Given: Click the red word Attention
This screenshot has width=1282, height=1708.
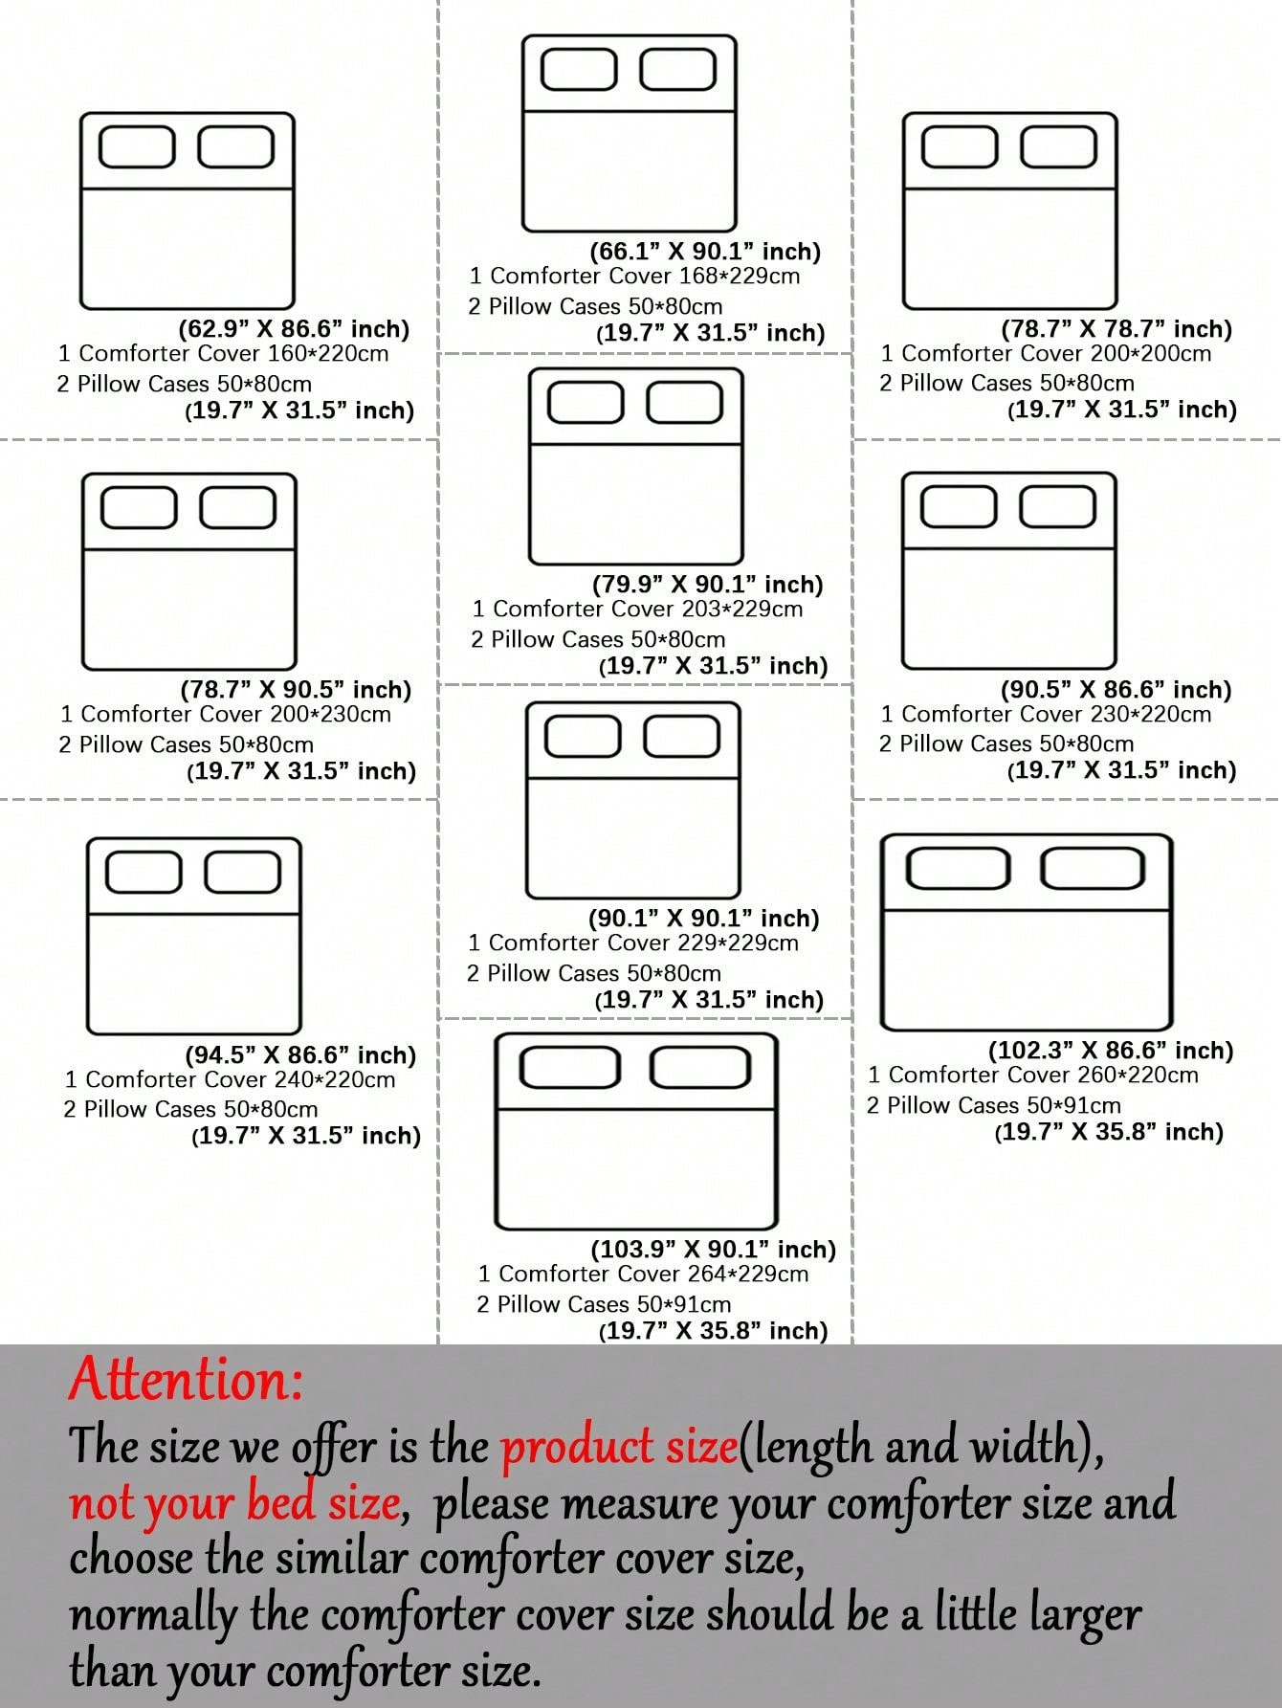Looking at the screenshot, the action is click(x=186, y=1380).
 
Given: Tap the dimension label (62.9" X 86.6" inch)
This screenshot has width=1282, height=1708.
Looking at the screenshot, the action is click(x=294, y=329).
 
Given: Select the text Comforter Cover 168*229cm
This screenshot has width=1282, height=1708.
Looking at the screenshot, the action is click(x=645, y=276).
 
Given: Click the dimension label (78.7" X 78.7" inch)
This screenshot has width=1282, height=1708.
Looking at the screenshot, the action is click(x=1116, y=329).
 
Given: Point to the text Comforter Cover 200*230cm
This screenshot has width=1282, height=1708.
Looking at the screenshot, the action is click(x=235, y=714).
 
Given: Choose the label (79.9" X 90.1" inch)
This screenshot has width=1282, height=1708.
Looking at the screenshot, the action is click(x=708, y=585).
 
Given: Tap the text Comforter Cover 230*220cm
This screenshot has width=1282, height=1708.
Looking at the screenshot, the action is click(x=1056, y=714).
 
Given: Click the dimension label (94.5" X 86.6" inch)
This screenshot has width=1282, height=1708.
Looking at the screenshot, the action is click(x=300, y=1055).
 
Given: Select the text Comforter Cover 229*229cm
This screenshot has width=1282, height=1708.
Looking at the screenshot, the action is click(x=643, y=943).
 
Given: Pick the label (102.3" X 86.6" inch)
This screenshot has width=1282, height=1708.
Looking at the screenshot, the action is click(x=1111, y=1051).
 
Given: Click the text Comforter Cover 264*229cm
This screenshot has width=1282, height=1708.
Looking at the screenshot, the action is click(x=653, y=1274).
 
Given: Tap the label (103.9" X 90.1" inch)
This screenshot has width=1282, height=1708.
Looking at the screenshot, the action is click(x=714, y=1250).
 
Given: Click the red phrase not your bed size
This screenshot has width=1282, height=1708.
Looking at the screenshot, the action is click(x=234, y=1502).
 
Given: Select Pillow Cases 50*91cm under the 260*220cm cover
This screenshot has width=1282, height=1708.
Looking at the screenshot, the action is click(x=1004, y=1105).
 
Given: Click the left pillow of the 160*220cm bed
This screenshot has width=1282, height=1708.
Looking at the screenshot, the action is click(x=137, y=147).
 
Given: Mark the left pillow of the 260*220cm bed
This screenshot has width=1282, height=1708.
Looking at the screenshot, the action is click(x=958, y=868).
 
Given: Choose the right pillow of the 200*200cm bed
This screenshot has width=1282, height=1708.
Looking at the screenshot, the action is click(x=1058, y=147).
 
